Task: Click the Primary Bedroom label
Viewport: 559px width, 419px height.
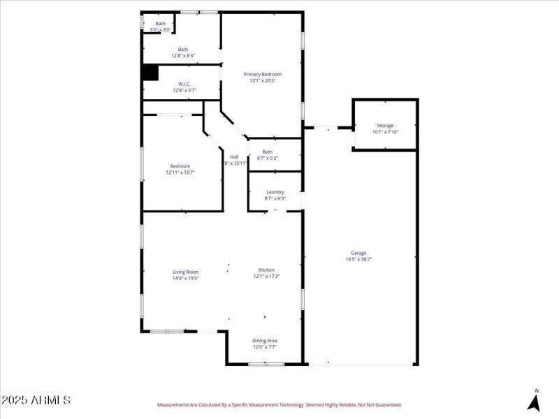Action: point(262,74)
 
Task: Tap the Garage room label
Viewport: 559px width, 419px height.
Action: point(358,253)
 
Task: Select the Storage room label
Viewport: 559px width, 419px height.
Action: point(385,126)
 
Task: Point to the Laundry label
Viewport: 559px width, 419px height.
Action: point(275,192)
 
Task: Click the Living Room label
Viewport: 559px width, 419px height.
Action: point(186,272)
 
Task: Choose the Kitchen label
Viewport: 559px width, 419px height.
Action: point(266,270)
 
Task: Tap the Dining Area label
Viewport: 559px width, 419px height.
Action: point(265,340)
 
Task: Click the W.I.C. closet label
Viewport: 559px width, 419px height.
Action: point(184,84)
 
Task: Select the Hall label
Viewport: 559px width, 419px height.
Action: point(234,156)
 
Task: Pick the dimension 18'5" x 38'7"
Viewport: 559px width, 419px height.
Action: point(358,259)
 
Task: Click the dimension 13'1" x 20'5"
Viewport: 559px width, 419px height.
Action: point(262,80)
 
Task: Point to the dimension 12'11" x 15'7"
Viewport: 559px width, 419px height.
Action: point(180,172)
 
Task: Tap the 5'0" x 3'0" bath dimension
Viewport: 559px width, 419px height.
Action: point(161,30)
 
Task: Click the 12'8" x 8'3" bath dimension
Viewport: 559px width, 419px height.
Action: point(183,56)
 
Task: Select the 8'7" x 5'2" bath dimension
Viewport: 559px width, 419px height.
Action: point(268,158)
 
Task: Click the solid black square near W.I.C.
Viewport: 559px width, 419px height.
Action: point(150,73)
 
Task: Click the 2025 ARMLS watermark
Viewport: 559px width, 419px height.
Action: point(36,400)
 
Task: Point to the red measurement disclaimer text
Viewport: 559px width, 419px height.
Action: point(279,404)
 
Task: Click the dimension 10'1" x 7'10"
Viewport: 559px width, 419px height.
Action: point(385,132)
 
